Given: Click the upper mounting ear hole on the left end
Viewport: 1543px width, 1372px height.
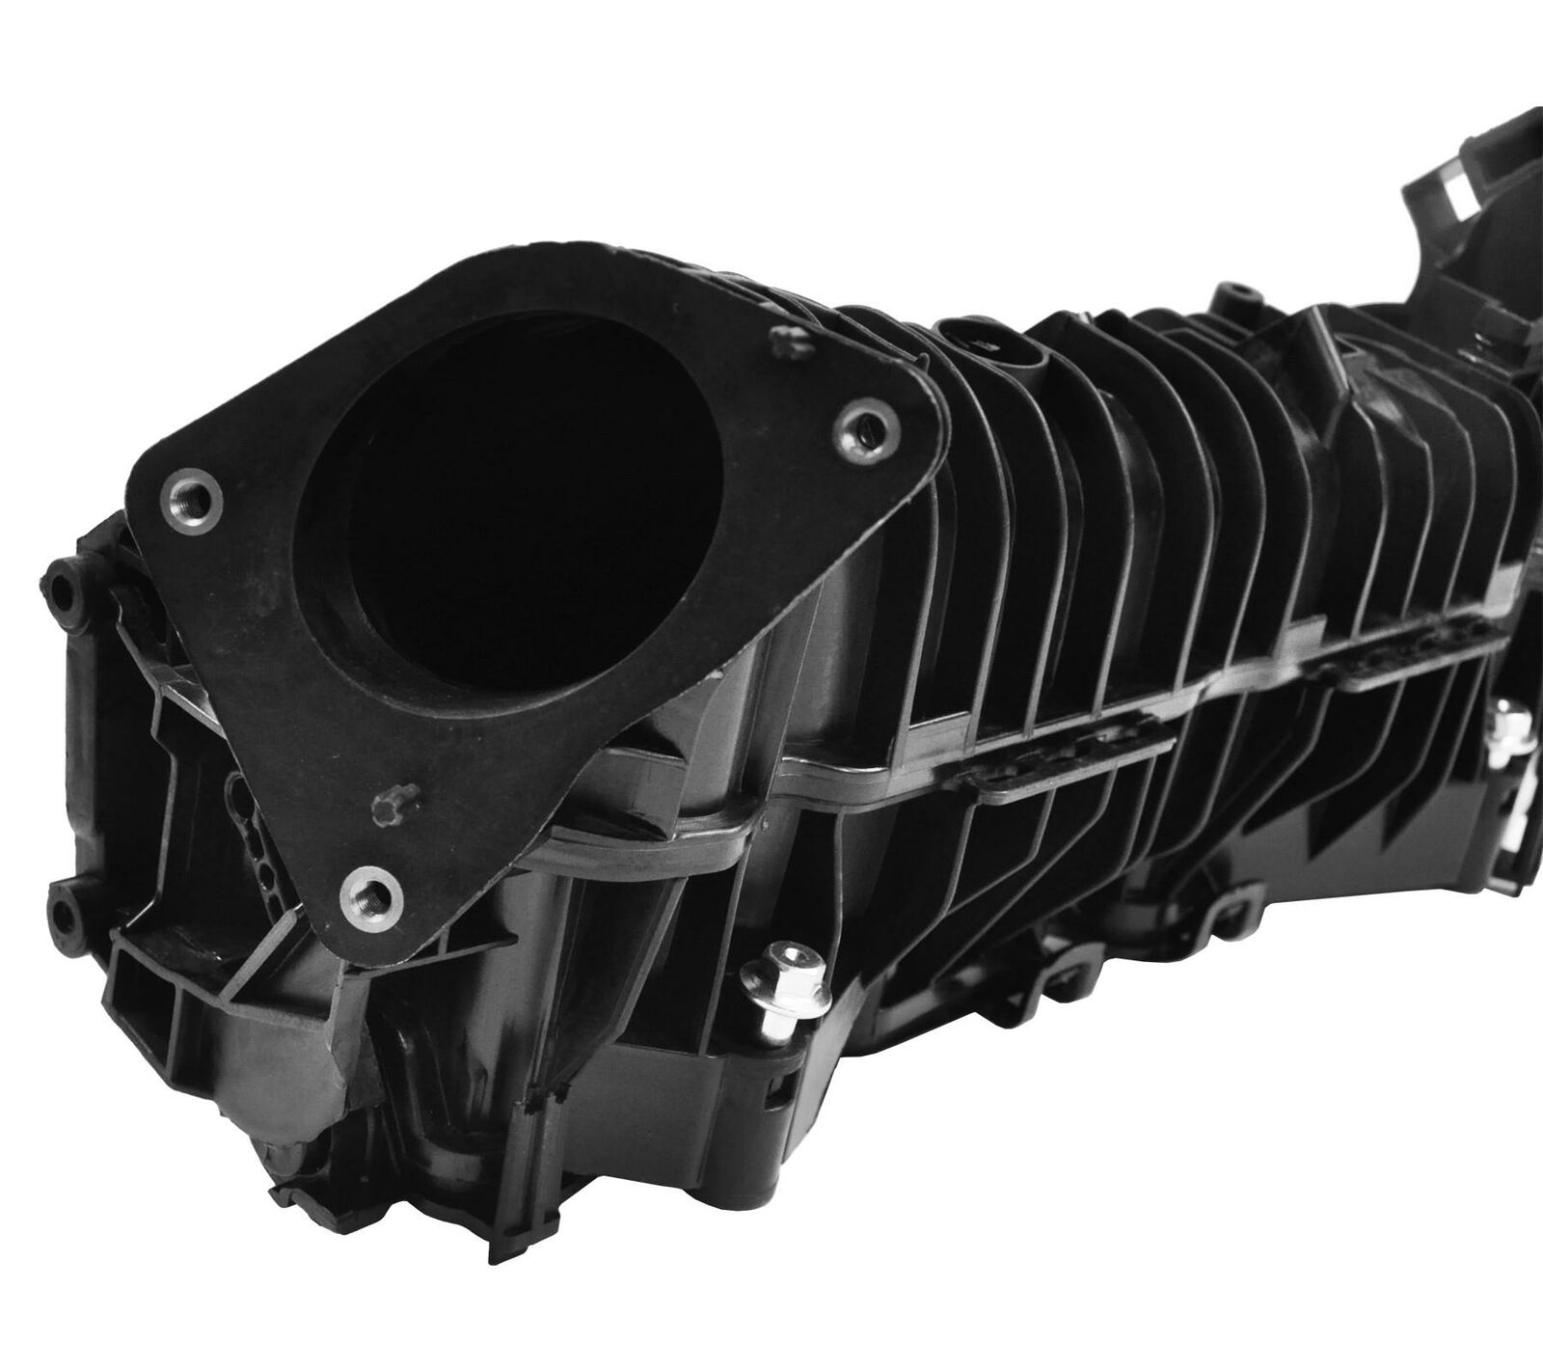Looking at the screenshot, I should [x=61, y=588].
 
